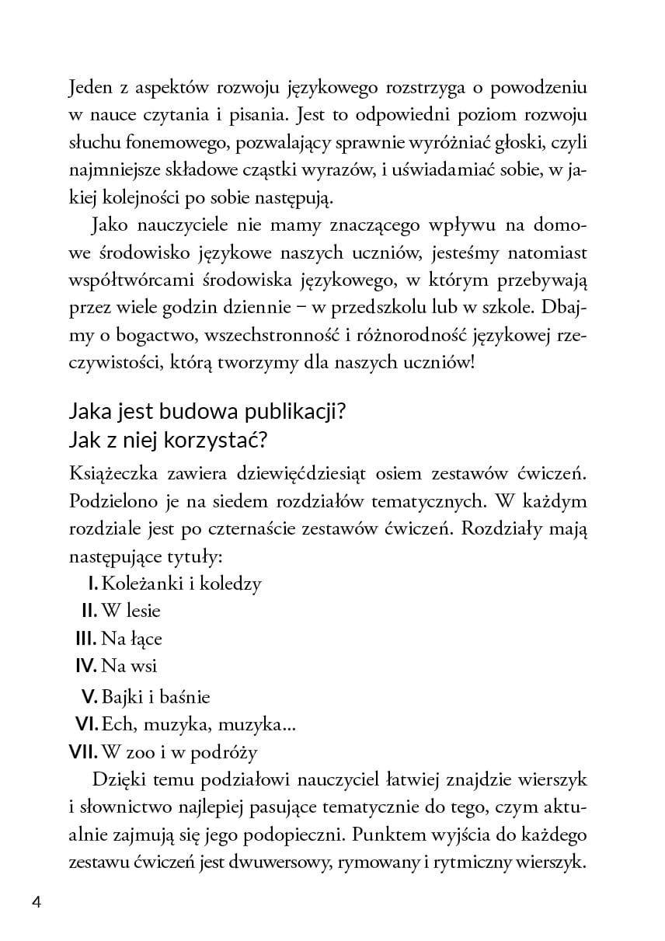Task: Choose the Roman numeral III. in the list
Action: coord(85,639)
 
